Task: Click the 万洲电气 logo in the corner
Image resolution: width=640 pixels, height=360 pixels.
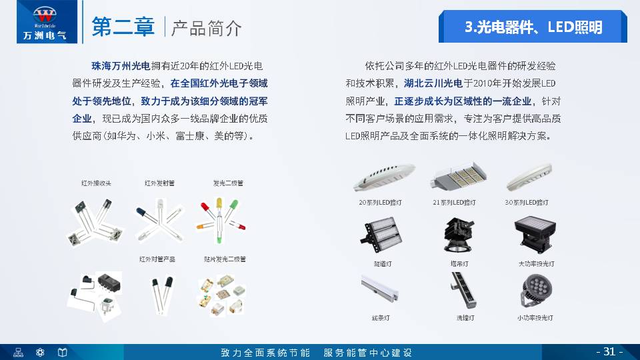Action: (x=40, y=22)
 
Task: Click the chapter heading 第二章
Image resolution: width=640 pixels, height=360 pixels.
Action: (x=125, y=27)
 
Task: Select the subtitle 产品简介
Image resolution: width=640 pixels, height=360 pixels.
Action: (x=207, y=28)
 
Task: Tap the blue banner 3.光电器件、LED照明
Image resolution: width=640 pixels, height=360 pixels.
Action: (x=533, y=27)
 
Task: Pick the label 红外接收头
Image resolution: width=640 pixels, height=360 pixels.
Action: (x=96, y=183)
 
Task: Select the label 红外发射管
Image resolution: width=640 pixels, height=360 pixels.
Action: (x=159, y=183)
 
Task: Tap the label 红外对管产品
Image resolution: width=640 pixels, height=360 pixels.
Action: (x=157, y=259)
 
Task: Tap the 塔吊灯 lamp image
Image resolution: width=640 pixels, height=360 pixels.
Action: (x=459, y=235)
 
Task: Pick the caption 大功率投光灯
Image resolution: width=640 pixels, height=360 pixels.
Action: (x=537, y=263)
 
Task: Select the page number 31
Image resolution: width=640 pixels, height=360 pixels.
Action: (x=609, y=351)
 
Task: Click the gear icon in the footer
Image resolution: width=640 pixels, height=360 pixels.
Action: (x=40, y=352)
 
